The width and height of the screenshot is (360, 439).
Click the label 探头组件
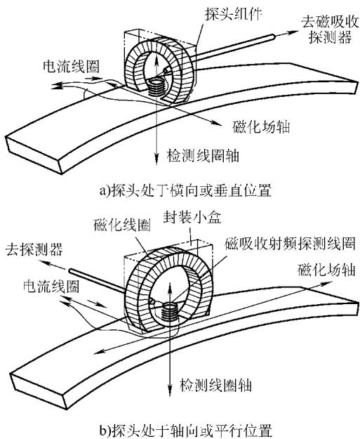click(233, 13)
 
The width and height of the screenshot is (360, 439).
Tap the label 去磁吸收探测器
click(330, 30)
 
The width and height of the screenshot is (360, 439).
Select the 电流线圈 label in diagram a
click(71, 67)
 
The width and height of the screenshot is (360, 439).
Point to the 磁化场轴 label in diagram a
click(260, 127)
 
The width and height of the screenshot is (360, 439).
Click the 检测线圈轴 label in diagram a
click(203, 156)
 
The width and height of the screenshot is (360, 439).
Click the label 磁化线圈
click(122, 225)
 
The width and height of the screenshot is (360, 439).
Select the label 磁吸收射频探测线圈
click(290, 244)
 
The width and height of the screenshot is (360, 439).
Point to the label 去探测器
click(34, 249)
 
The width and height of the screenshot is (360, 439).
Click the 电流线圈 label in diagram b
click(51, 286)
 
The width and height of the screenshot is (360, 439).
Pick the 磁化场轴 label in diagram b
click(326, 270)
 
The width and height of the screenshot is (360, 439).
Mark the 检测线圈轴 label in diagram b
click(215, 385)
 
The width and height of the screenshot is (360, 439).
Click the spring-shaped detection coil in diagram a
click(156, 87)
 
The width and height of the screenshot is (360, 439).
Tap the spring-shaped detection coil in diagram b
click(170, 311)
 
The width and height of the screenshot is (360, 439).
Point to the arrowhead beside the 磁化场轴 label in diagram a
click(214, 122)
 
